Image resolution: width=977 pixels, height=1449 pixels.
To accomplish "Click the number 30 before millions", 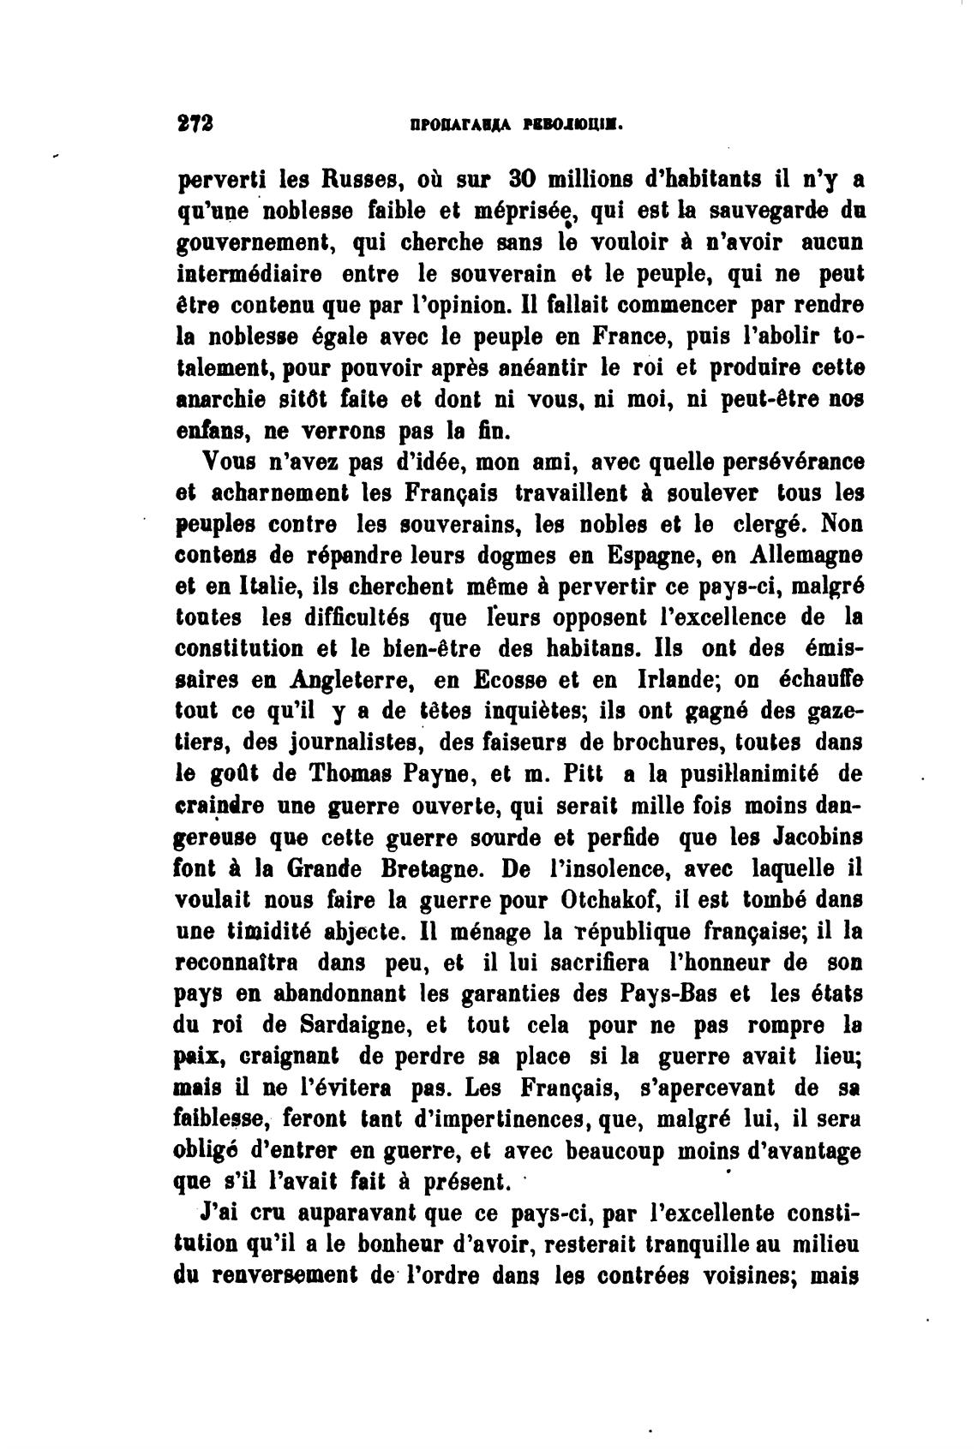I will (x=523, y=182).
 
